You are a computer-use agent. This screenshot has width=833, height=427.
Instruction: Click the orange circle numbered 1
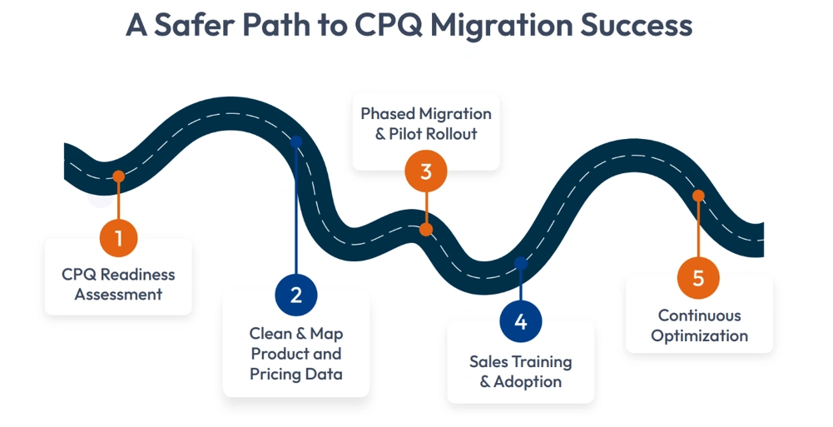(x=119, y=239)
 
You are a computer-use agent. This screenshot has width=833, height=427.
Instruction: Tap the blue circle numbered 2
(x=296, y=294)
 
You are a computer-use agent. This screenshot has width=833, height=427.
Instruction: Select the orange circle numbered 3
(x=426, y=172)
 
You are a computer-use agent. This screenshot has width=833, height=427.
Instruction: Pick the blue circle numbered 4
(x=521, y=322)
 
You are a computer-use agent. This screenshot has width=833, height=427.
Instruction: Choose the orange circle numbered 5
(x=698, y=277)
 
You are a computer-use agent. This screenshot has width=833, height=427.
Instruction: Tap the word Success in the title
(x=642, y=25)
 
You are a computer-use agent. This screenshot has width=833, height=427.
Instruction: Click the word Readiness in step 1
(x=137, y=274)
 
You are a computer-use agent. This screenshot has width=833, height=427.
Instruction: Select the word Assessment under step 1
(x=118, y=294)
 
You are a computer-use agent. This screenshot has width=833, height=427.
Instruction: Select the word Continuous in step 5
(x=699, y=315)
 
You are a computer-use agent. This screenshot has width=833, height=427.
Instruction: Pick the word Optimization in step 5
(x=699, y=335)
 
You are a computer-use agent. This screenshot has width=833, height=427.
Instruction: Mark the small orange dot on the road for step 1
(x=119, y=176)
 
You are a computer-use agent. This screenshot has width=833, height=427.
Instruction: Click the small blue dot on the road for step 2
(x=296, y=142)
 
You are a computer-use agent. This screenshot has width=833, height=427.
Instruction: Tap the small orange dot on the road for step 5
(x=698, y=196)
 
